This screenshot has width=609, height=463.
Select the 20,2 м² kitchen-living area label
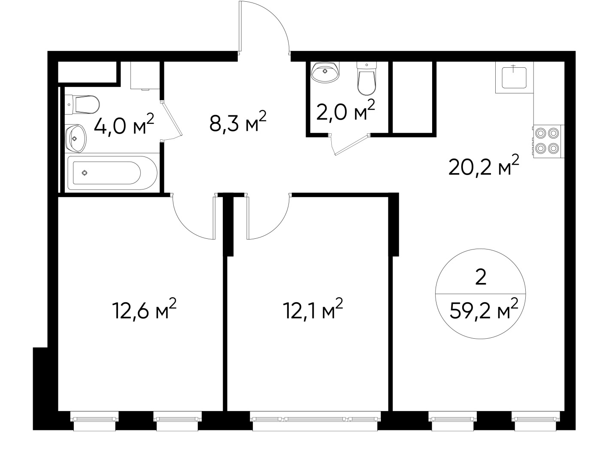[x=483, y=165]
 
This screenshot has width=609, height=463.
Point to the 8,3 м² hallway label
[x=238, y=121]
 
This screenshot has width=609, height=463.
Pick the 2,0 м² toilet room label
[x=345, y=110]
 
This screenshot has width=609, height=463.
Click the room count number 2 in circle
[x=481, y=277]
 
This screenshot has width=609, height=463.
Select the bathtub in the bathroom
[x=112, y=173]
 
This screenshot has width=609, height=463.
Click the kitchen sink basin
[x=514, y=77]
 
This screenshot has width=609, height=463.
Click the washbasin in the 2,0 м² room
[x=325, y=72]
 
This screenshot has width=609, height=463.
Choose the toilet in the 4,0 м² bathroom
[x=82, y=105]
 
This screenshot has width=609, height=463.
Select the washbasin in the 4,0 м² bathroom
[x=76, y=138]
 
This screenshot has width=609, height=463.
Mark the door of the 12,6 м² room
[x=194, y=216]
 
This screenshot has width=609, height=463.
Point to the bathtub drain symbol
[x=85, y=173]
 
